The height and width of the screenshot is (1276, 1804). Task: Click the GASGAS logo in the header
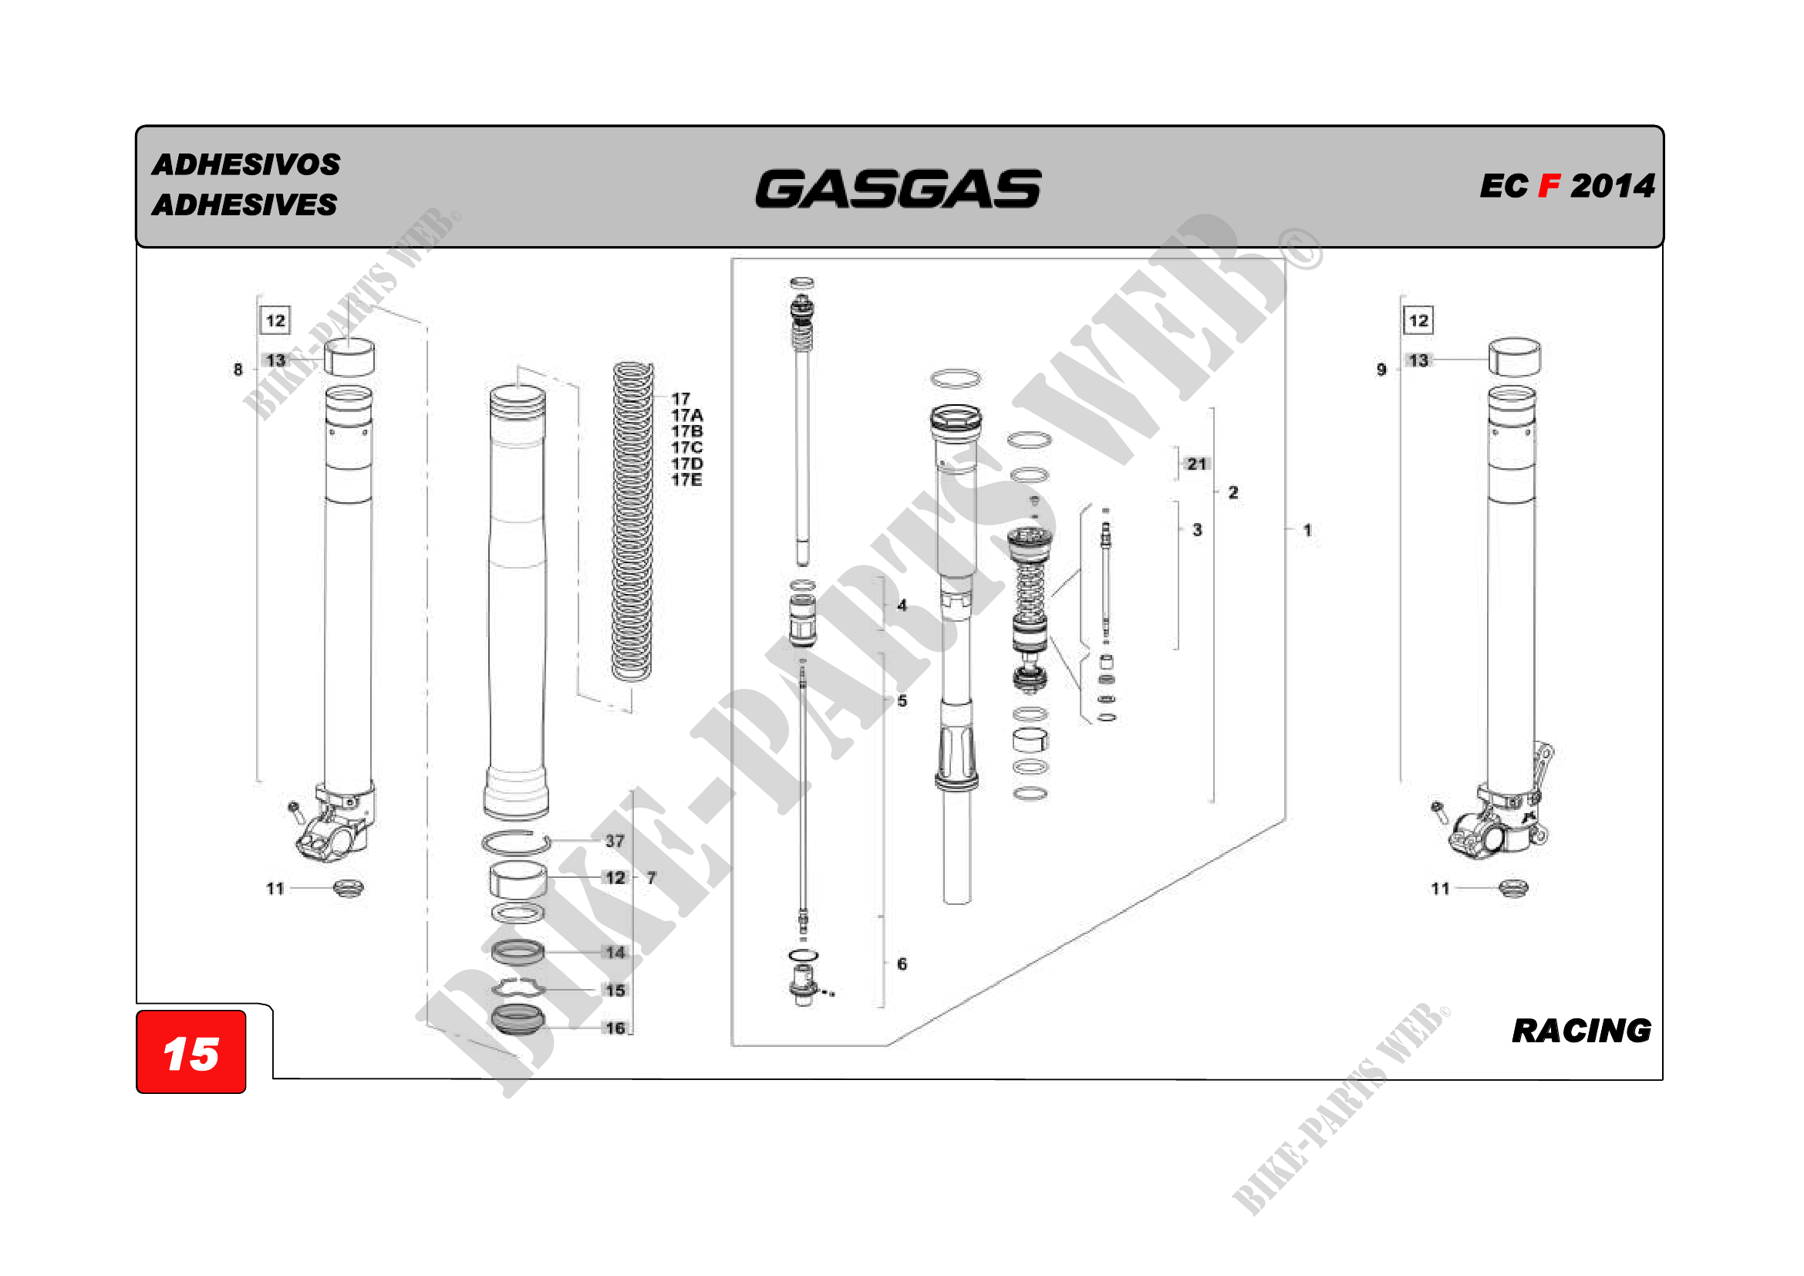(898, 189)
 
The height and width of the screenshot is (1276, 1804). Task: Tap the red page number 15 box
(191, 1053)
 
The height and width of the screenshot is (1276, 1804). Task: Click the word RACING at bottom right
(1581, 1031)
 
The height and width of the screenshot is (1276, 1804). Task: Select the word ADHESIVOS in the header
(246, 165)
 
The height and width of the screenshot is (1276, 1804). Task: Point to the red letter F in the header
(1549, 187)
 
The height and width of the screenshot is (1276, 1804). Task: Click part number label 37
(615, 841)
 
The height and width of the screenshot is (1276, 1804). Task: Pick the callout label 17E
(686, 480)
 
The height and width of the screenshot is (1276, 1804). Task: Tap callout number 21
(1196, 464)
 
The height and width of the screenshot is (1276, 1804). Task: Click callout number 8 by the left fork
(238, 370)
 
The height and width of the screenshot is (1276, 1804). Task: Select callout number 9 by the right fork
(1381, 370)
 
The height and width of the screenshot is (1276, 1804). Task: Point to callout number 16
(615, 1028)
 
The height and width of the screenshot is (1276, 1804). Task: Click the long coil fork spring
(632, 522)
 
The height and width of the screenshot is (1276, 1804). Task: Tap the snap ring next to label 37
(514, 842)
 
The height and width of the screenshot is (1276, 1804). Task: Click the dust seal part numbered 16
(517, 1020)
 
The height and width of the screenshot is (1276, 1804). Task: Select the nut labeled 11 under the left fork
(348, 889)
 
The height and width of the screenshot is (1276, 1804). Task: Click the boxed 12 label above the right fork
(1418, 321)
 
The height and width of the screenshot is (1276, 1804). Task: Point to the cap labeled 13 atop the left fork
(349, 357)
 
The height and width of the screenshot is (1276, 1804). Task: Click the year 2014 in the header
(1612, 187)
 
